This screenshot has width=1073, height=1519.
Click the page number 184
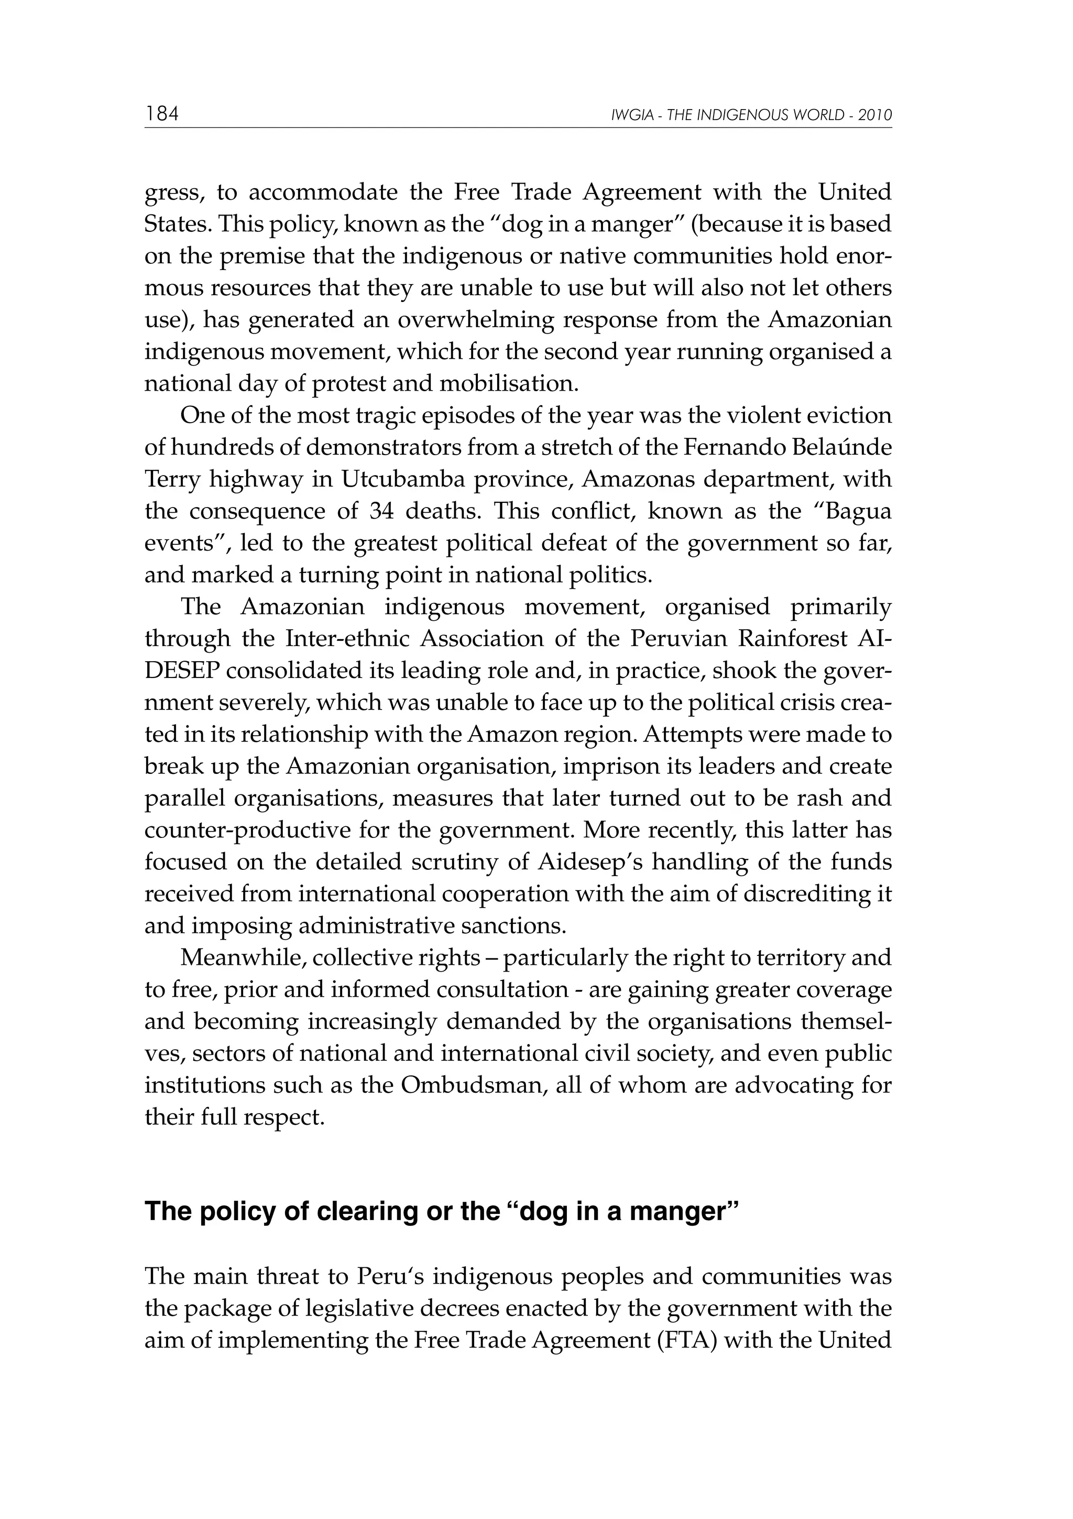[x=162, y=114]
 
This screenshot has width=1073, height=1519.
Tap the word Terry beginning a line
[x=172, y=479]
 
